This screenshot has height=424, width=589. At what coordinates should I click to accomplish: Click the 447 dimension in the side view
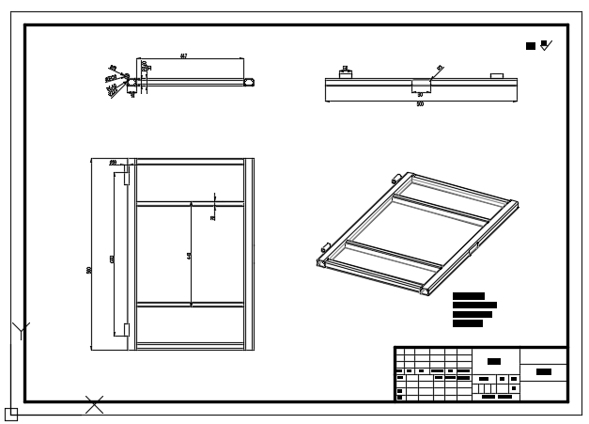(x=183, y=56)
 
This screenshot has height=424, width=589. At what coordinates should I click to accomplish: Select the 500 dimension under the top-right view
(x=420, y=104)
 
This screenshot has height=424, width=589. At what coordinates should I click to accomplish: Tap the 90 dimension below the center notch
(x=420, y=95)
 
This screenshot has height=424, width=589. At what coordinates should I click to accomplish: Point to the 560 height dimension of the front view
(x=89, y=271)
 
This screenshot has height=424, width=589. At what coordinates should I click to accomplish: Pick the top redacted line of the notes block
(x=468, y=296)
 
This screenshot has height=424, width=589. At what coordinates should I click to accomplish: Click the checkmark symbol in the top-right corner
(x=547, y=44)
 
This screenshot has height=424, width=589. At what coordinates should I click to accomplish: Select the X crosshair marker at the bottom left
(x=94, y=404)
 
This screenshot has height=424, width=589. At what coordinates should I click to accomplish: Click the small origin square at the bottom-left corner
(x=10, y=414)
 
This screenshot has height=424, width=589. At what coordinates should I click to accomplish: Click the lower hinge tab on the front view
(x=125, y=329)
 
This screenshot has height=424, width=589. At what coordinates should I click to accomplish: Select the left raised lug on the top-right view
(x=345, y=72)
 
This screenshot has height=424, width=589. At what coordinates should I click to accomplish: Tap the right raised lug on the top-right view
(x=497, y=74)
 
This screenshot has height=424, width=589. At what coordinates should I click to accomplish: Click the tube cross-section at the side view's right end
(x=249, y=83)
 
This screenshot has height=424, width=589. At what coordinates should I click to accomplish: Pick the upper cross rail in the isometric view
(x=440, y=209)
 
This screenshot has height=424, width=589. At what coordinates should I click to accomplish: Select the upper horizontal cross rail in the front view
(x=190, y=203)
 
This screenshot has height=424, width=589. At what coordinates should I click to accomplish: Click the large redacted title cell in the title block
(x=494, y=361)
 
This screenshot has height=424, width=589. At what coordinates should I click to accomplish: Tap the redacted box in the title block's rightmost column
(x=543, y=372)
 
